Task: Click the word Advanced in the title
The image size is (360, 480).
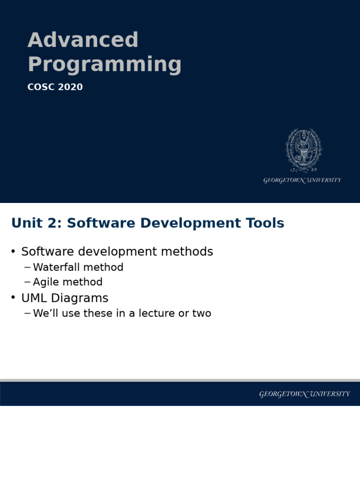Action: click(83, 40)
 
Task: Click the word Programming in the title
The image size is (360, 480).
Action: click(105, 65)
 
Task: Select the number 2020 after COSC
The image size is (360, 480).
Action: click(70, 87)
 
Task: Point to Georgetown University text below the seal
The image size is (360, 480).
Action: click(302, 180)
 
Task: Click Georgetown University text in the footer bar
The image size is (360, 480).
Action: click(305, 394)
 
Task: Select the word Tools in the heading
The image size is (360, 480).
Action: click(266, 223)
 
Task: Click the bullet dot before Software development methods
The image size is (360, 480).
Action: click(13, 252)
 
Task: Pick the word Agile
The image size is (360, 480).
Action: click(46, 282)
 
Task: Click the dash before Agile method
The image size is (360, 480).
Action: click(27, 282)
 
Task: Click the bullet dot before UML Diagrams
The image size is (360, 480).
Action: click(13, 298)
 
